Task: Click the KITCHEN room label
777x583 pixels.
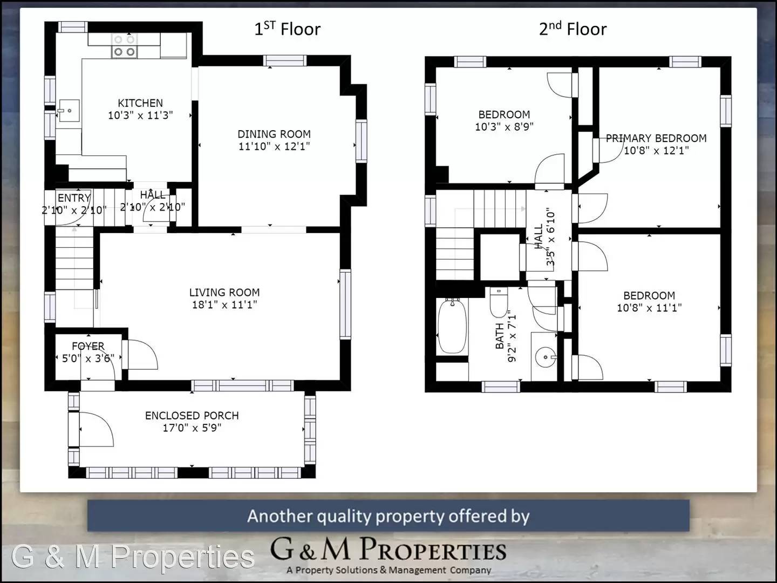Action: tap(140, 103)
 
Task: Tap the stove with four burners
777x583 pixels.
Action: tap(124, 46)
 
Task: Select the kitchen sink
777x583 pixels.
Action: tap(69, 111)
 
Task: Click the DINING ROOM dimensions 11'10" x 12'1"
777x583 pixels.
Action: tap(274, 146)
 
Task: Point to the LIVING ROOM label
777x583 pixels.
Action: tap(224, 292)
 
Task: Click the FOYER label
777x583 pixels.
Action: tap(88, 346)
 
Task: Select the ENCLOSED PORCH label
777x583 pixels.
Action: tap(192, 416)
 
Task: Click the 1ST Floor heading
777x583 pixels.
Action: tap(287, 29)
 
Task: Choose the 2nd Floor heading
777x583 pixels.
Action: tap(572, 29)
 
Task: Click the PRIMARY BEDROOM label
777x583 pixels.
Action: tap(656, 138)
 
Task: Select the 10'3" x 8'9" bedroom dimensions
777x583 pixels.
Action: tap(504, 127)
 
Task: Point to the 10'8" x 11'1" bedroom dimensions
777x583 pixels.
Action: tap(649, 308)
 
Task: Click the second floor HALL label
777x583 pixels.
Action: tap(539, 236)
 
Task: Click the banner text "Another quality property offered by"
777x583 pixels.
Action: tap(388, 516)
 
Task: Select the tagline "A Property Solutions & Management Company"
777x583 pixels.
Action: tap(388, 570)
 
